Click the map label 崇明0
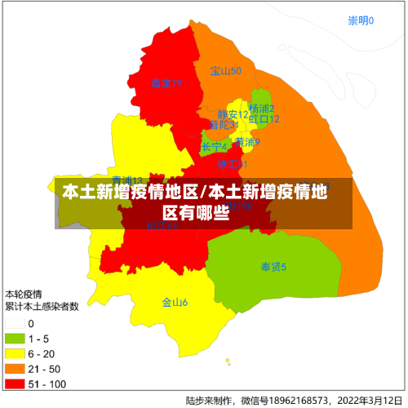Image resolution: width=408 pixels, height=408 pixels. pyautogui.click(x=361, y=20)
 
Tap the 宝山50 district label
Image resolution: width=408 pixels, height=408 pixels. pyautogui.click(x=225, y=71)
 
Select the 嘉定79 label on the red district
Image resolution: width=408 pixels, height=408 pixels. pyautogui.click(x=166, y=83)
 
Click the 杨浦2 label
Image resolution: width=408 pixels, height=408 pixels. pyautogui.click(x=261, y=109)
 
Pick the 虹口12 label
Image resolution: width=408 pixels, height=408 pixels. pyautogui.click(x=264, y=119)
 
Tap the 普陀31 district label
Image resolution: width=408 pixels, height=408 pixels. pyautogui.click(x=223, y=125)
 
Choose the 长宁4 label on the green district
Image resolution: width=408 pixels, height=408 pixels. pyautogui.click(x=215, y=147)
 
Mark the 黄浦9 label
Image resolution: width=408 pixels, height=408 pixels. pyautogui.click(x=247, y=142)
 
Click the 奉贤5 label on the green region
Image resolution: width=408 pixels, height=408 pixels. pyautogui.click(x=273, y=267)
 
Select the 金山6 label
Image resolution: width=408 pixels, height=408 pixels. pyautogui.click(x=175, y=303)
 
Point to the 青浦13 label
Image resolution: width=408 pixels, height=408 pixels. pyautogui.click(x=127, y=180)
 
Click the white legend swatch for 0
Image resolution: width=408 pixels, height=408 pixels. pyautogui.click(x=15, y=324)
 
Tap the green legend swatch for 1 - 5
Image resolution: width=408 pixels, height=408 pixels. pyautogui.click(x=15, y=339)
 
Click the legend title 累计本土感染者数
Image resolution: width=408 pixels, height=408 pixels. pyautogui.click(x=42, y=307)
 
